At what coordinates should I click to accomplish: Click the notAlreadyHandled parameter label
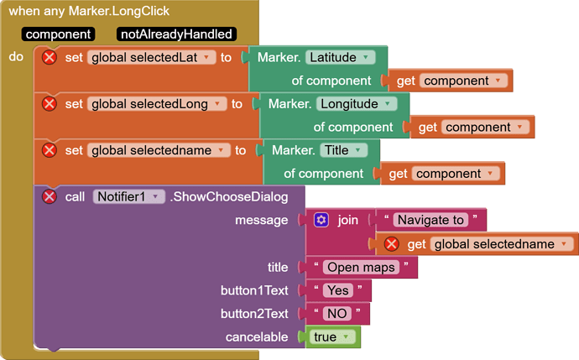pyautogui.click(x=176, y=34)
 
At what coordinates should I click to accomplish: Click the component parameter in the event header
pyautogui.click(x=59, y=34)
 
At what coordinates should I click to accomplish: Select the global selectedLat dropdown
pyautogui.click(x=150, y=58)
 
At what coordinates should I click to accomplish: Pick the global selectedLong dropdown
pyautogui.click(x=156, y=104)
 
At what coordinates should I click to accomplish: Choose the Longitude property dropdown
pyautogui.click(x=357, y=104)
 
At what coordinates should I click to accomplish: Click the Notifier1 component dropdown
pyautogui.click(x=128, y=196)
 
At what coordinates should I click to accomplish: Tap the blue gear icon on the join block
pyautogui.click(x=321, y=220)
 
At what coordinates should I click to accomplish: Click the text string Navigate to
pyautogui.click(x=430, y=220)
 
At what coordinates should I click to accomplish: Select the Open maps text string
pyautogui.click(x=362, y=268)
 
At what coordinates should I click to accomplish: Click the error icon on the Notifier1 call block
pyautogui.click(x=50, y=196)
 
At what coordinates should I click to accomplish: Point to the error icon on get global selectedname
pyautogui.click(x=391, y=244)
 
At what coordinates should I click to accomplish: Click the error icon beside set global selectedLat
pyautogui.click(x=50, y=58)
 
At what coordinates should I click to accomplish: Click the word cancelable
pyautogui.click(x=256, y=337)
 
